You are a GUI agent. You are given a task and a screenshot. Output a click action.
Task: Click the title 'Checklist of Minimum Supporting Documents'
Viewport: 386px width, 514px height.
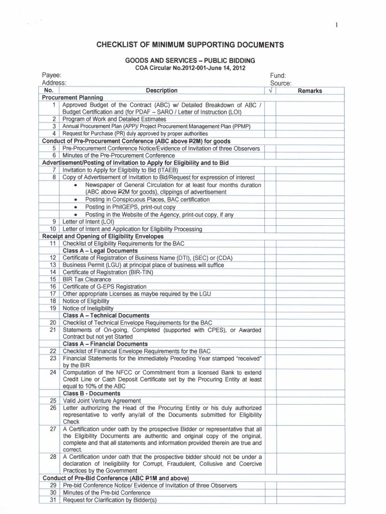190,45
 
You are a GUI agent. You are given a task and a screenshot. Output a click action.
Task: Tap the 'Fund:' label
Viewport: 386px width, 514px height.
278,75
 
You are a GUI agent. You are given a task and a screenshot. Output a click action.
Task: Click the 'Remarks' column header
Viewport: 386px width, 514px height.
310,91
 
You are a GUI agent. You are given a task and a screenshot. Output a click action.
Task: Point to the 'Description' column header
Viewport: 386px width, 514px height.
161,91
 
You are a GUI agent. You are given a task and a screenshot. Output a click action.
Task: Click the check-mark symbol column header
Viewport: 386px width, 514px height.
270,91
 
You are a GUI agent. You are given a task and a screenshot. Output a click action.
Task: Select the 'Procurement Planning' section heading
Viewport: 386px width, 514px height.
72,97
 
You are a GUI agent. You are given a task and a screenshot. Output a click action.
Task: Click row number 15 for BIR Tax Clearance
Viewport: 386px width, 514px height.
53,279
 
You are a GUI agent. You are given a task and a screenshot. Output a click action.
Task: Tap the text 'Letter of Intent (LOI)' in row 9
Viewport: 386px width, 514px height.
88,221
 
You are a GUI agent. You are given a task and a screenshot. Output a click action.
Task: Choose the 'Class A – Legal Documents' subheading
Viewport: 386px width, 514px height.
100,250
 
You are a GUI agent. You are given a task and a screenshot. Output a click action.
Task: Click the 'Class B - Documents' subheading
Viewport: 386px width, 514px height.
91,394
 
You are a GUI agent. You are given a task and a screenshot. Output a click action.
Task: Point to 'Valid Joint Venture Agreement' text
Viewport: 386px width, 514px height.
102,401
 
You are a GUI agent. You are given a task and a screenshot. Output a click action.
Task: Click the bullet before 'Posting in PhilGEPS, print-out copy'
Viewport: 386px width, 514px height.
75,207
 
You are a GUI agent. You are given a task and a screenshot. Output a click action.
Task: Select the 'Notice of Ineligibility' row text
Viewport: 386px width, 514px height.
88,308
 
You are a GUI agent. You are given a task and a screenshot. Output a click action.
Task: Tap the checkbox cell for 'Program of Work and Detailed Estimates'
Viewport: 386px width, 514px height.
270,119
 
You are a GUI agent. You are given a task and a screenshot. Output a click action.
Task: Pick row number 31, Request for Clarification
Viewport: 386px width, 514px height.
53,500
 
